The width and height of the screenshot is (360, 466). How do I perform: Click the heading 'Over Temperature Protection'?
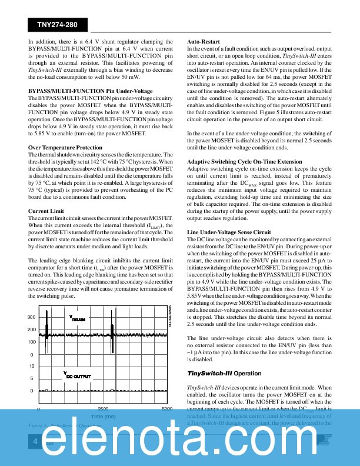(x=65, y=148)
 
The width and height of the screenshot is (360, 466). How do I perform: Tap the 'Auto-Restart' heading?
(x=204, y=42)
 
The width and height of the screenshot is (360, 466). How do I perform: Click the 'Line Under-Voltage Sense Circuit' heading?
(x=229, y=232)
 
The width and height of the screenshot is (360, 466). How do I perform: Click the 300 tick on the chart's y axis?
(x=31, y=318)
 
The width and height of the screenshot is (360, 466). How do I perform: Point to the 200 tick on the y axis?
(x=31, y=330)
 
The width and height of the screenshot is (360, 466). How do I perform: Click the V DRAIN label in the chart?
(x=76, y=318)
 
